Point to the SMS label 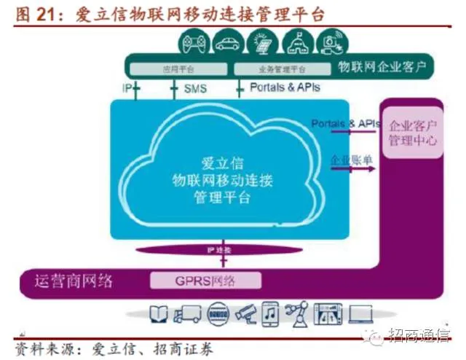[x=195, y=88]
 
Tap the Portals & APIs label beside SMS [x=285, y=87]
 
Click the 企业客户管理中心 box [x=412, y=132]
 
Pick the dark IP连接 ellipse [x=218, y=250]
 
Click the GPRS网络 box [x=205, y=280]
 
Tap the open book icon [x=159, y=314]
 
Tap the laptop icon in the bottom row [x=360, y=314]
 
